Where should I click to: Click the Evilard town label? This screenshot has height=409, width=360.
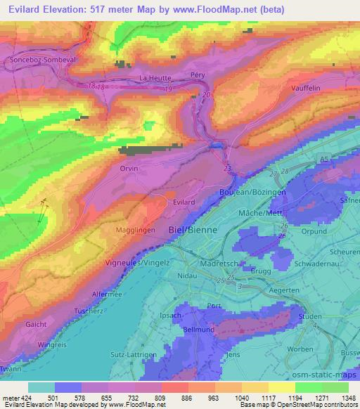point(184,201)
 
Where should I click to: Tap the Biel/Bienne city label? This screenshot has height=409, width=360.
point(194,229)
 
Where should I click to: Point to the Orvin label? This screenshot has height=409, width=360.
point(129,169)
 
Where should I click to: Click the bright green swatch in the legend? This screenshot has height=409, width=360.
point(309,387)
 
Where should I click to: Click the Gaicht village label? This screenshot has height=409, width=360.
point(36,325)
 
